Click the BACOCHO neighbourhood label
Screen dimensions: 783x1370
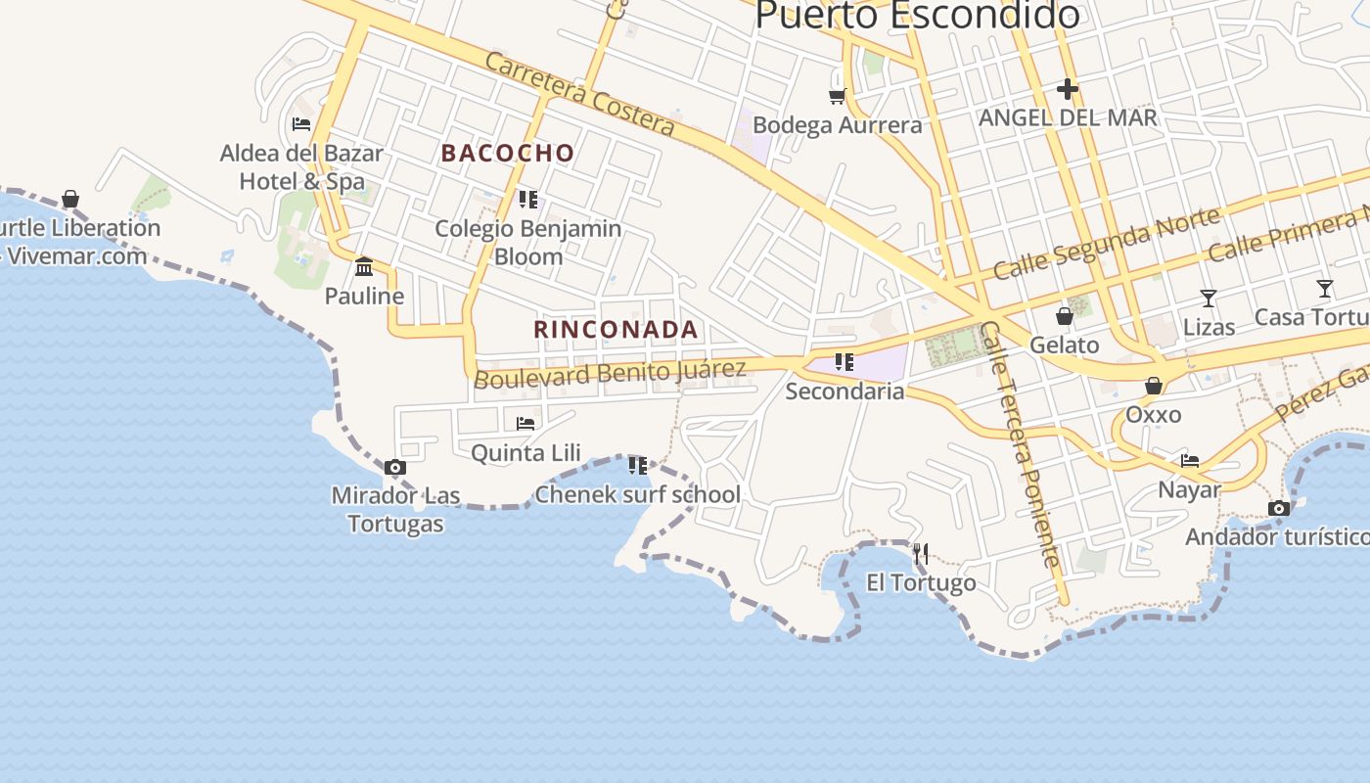tap(507, 153)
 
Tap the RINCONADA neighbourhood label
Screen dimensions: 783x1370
tap(616, 330)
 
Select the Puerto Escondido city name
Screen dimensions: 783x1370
tap(917, 15)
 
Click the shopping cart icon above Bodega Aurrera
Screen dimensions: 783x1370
tap(837, 95)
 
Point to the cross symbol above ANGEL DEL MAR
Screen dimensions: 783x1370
tap(1067, 89)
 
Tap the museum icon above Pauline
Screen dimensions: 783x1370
tap(364, 266)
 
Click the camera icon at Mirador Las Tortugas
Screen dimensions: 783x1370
tap(395, 468)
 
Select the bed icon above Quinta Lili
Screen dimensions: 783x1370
tap(525, 424)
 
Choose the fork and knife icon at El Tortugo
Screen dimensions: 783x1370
tap(920, 554)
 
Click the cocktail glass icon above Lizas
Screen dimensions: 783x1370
tap(1209, 298)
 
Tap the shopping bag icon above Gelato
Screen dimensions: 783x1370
tap(1064, 316)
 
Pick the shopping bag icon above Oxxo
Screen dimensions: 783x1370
tap(1154, 386)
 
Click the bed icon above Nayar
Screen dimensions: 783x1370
tap(1190, 460)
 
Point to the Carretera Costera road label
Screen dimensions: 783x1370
tap(579, 94)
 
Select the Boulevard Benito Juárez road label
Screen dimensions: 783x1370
tap(610, 373)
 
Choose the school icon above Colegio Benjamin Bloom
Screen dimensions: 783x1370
tap(528, 200)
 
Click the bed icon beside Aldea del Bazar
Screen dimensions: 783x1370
tap(301, 124)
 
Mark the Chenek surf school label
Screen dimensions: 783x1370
tap(637, 494)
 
